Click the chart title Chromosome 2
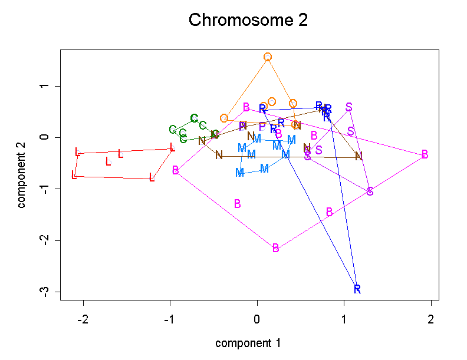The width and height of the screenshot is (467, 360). [x=248, y=21]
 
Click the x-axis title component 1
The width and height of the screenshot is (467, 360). [x=248, y=343]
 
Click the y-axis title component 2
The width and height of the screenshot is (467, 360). [x=22, y=175]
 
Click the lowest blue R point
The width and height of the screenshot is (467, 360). [x=357, y=289]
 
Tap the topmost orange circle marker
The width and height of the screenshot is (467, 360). [x=268, y=57]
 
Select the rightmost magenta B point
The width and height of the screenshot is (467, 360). [x=425, y=154]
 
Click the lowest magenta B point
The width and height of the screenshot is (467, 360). [x=275, y=248]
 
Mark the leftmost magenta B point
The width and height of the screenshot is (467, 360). [x=176, y=170]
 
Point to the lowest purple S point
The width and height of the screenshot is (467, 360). [x=370, y=191]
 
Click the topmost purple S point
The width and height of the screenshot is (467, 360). [x=349, y=107]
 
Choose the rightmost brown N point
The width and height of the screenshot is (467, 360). [x=359, y=156]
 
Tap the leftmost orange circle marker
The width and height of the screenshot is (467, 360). [x=224, y=118]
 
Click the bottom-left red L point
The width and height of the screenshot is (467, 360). [x=74, y=175]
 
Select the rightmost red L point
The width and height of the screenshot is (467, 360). [x=172, y=147]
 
